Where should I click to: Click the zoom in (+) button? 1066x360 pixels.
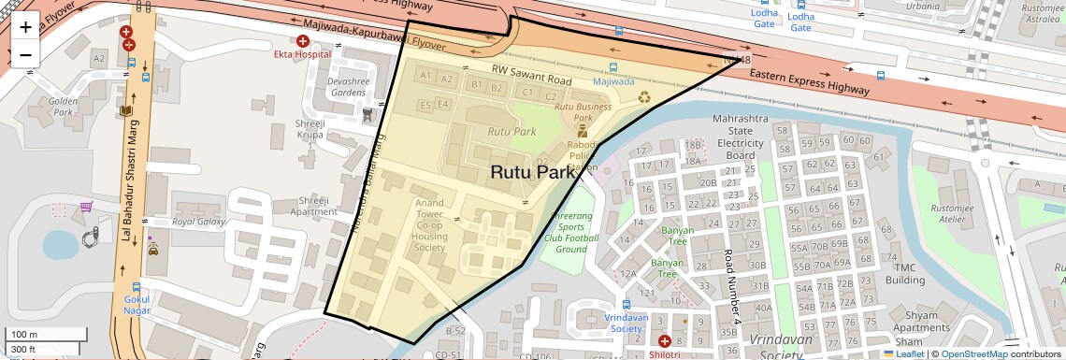coord(25,27)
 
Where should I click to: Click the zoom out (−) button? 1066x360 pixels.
coord(25,54)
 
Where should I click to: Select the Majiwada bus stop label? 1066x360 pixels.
coord(613,81)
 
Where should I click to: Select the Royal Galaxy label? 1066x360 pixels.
coord(199,222)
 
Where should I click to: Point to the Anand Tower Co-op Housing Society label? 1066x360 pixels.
coord(429,224)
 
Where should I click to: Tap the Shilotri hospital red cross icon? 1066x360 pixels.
coord(664,342)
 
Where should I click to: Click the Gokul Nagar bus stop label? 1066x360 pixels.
coord(137,305)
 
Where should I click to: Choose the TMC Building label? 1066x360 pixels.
coord(905,273)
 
